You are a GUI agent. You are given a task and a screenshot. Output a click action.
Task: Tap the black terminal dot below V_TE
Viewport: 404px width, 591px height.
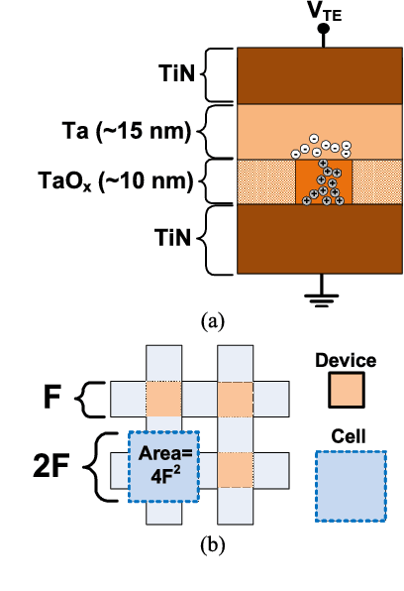(322, 31)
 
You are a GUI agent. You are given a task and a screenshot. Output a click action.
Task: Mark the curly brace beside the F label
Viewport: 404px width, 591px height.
(88, 402)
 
